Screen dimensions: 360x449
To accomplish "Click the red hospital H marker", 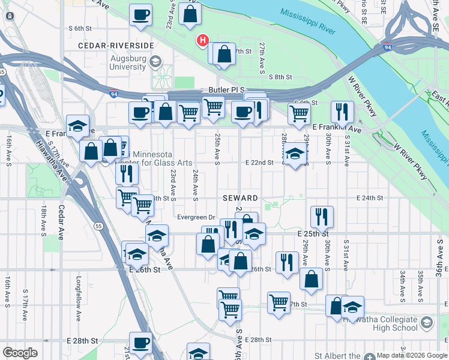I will (203, 41).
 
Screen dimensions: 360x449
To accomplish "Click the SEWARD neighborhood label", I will (241, 198).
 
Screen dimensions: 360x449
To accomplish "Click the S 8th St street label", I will (280, 77).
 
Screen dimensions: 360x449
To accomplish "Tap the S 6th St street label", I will (83, 28).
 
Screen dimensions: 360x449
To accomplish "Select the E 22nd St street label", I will (259, 162).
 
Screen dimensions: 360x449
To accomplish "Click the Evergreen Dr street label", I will (196, 217).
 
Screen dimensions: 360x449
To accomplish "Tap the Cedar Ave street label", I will (61, 222).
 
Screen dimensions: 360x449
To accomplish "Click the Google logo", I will (20, 353).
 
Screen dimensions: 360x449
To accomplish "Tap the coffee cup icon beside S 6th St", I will (140, 15).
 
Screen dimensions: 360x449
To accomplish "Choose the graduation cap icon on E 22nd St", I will (294, 155).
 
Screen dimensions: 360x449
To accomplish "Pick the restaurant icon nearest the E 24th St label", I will (322, 217).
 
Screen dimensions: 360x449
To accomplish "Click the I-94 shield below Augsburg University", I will (114, 94).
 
